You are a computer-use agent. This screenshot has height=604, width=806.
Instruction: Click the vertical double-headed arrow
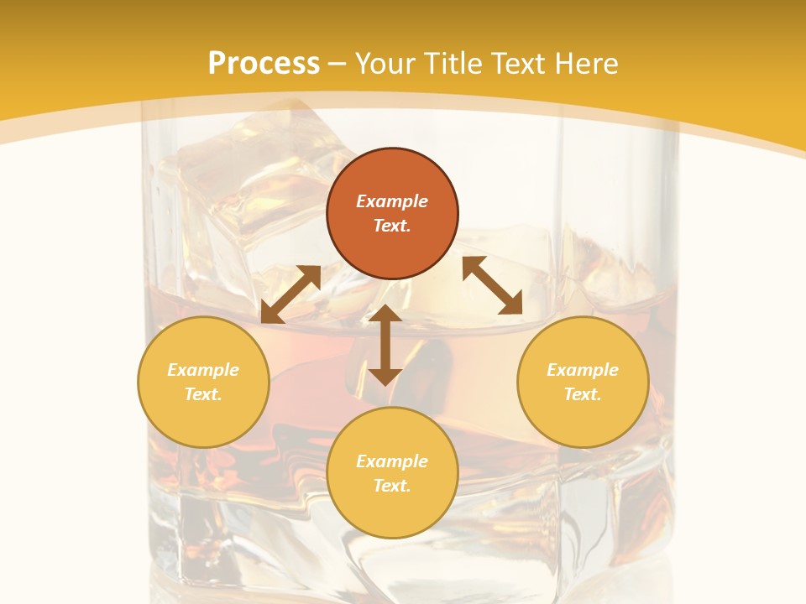[x=385, y=345]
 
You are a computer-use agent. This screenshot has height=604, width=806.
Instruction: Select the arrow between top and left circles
[x=290, y=294]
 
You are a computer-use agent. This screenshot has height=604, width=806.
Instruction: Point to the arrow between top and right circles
[x=492, y=285]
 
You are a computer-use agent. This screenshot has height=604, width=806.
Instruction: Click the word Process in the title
[x=264, y=64]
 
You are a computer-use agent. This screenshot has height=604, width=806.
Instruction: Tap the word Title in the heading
[x=453, y=64]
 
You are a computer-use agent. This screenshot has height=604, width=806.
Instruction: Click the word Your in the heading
[x=386, y=64]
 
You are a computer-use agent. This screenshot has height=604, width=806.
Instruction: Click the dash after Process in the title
[x=338, y=64]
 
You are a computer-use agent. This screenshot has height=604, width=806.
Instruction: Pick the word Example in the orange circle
[x=392, y=201]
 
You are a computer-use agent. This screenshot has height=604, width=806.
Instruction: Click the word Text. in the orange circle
[x=392, y=226]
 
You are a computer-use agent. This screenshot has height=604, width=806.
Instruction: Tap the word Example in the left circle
[x=203, y=370]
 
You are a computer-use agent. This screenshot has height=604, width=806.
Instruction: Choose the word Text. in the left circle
[x=203, y=394]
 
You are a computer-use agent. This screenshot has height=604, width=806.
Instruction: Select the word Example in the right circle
[x=583, y=370]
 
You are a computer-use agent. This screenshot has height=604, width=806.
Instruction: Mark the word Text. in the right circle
[x=583, y=394]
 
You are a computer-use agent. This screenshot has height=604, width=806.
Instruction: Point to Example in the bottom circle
[x=392, y=461]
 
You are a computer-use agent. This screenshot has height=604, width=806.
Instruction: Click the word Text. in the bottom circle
[x=392, y=486]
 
